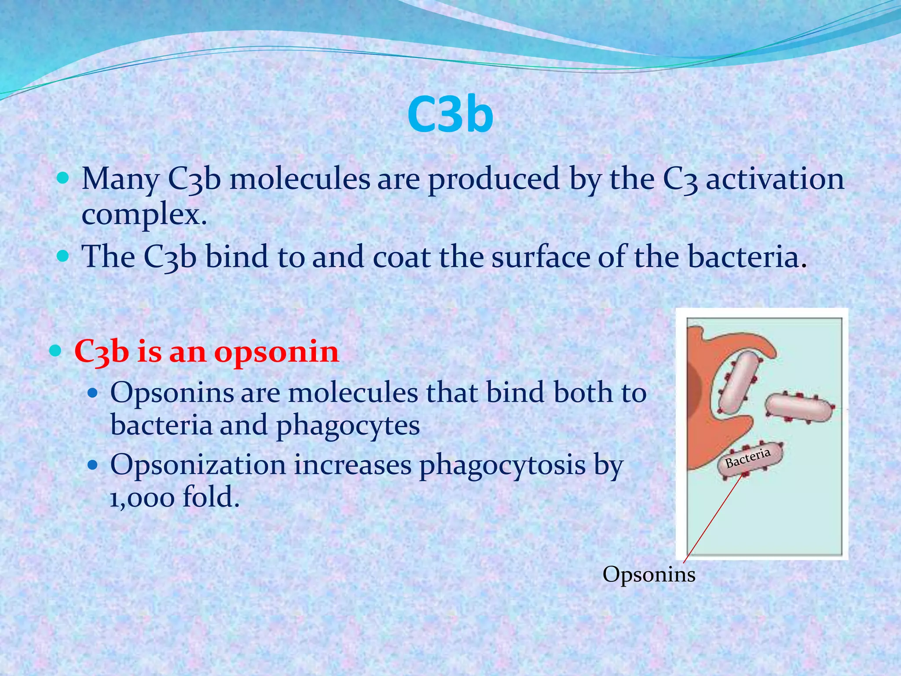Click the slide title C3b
[x=450, y=115]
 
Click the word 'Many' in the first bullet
[x=120, y=180]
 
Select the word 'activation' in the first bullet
[x=775, y=180]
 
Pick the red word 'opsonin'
[x=277, y=352]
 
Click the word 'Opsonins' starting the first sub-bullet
[x=172, y=392]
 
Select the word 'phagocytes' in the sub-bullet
[x=348, y=425]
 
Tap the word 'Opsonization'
[x=198, y=464]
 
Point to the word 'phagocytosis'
[x=502, y=465]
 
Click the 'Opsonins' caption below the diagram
[x=649, y=574]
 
